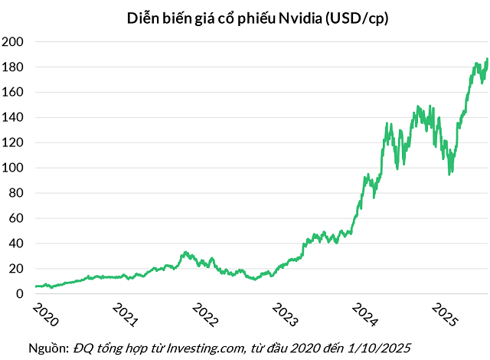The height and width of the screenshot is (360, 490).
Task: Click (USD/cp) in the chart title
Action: (357, 19)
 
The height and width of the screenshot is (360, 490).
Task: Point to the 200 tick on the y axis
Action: (16, 41)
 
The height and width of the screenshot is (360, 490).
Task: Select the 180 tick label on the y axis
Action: (16, 67)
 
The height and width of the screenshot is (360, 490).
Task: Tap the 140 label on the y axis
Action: (16, 117)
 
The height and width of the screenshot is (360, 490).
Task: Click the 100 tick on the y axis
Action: (16, 168)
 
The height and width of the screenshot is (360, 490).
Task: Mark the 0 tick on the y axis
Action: (22, 294)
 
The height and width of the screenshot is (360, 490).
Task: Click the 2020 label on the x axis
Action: (45, 315)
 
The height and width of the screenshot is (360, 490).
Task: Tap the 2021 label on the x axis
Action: (126, 315)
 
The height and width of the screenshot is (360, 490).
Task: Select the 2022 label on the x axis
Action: (205, 315)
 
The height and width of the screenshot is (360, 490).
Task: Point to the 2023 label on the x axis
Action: (285, 315)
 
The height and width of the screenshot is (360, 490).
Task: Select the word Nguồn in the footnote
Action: (48, 349)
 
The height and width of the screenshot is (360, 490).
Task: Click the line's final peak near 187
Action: (487, 58)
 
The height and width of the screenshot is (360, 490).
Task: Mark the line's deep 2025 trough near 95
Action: (450, 174)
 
